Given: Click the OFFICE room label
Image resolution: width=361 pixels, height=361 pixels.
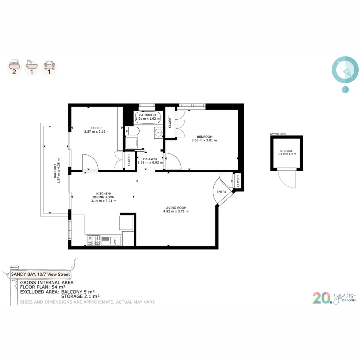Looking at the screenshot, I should (x=97, y=128).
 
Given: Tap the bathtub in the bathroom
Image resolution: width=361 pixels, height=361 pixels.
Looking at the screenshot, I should (x=148, y=117).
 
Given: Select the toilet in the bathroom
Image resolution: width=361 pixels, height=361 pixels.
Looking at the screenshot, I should (x=132, y=131).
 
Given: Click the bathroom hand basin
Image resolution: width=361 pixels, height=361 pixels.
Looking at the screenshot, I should (x=158, y=132).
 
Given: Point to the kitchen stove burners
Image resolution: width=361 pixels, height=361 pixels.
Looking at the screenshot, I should (x=94, y=240).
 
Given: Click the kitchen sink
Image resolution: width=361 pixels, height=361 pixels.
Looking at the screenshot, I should (x=115, y=240).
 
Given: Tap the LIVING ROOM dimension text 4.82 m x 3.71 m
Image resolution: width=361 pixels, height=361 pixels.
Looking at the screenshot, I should (x=176, y=211).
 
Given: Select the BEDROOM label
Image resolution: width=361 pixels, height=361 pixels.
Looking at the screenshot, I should (x=205, y=137).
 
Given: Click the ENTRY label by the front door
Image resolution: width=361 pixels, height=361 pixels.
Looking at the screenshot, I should (x=221, y=192).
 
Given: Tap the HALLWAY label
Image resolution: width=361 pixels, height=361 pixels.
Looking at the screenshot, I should (x=150, y=159).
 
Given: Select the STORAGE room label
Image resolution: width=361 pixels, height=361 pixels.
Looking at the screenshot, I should (x=286, y=151).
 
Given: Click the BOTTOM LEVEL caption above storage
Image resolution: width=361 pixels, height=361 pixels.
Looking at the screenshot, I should (x=278, y=134).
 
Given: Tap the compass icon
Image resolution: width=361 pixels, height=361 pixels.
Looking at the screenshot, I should (x=345, y=71).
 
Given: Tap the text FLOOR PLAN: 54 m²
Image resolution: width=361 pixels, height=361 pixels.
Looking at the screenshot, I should (x=42, y=287).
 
